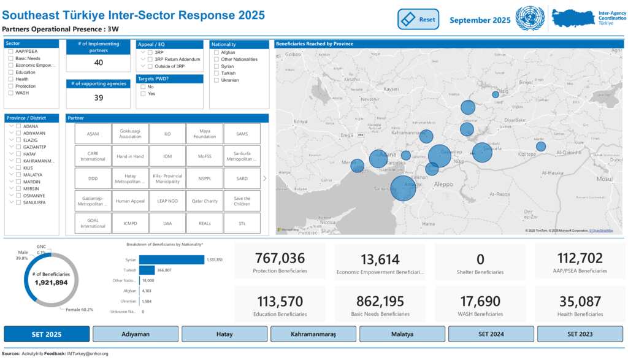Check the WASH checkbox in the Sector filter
[x=11, y=93]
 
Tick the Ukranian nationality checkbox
[x=216, y=80]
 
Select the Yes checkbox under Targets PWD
[x=144, y=94]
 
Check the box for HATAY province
[x=18, y=154]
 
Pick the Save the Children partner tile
[x=242, y=201]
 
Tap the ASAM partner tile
[x=93, y=134]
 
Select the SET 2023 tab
[x=580, y=334]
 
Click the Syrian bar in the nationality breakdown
[x=171, y=259]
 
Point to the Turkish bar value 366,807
[x=164, y=270]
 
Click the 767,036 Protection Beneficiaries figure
[x=280, y=259]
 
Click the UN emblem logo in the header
[x=530, y=19]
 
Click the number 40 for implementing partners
[x=98, y=63]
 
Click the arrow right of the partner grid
[x=264, y=178]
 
